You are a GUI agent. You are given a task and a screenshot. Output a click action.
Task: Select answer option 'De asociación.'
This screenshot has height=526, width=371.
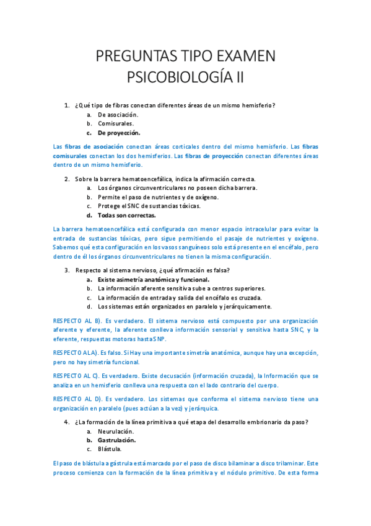[x=118, y=114]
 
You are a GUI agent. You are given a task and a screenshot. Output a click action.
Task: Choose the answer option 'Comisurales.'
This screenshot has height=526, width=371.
[x=116, y=123]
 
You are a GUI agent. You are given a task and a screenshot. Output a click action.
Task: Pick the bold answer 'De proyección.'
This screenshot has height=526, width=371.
[x=119, y=133]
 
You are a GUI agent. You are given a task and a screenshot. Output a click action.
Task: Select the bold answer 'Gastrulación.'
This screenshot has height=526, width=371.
[x=117, y=440]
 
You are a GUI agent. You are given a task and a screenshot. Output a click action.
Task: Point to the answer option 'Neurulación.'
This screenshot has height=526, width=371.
[x=116, y=431]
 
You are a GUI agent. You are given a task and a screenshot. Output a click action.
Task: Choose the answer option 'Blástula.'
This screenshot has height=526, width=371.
[x=110, y=448]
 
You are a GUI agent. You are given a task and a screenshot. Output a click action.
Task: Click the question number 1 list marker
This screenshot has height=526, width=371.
[x=67, y=105]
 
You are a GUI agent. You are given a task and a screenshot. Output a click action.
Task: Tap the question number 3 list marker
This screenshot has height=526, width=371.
[x=67, y=270]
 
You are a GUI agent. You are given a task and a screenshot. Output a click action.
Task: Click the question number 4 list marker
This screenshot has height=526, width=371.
[x=67, y=422]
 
